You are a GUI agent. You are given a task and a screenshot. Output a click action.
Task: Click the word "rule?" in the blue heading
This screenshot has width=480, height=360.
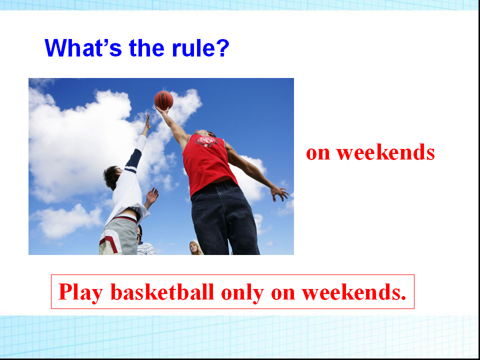(x=200, y=48)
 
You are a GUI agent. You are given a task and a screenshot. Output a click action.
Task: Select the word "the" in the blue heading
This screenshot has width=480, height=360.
(x=146, y=48)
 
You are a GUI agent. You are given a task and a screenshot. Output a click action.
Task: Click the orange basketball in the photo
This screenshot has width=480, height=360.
(x=163, y=100)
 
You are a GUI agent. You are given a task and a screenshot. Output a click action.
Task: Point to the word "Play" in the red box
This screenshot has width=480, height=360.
(x=80, y=292)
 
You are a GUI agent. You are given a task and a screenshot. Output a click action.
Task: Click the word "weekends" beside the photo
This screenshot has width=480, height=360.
(x=385, y=152)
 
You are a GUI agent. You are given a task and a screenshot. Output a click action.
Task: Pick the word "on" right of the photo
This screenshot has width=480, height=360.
(x=318, y=153)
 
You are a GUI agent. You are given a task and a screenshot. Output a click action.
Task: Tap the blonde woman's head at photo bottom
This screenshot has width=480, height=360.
(x=194, y=247)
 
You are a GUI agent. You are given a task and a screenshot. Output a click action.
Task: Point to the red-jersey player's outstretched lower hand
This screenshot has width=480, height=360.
(x=279, y=193)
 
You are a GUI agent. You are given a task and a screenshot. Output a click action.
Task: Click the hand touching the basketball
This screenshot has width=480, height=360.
(x=162, y=110)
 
